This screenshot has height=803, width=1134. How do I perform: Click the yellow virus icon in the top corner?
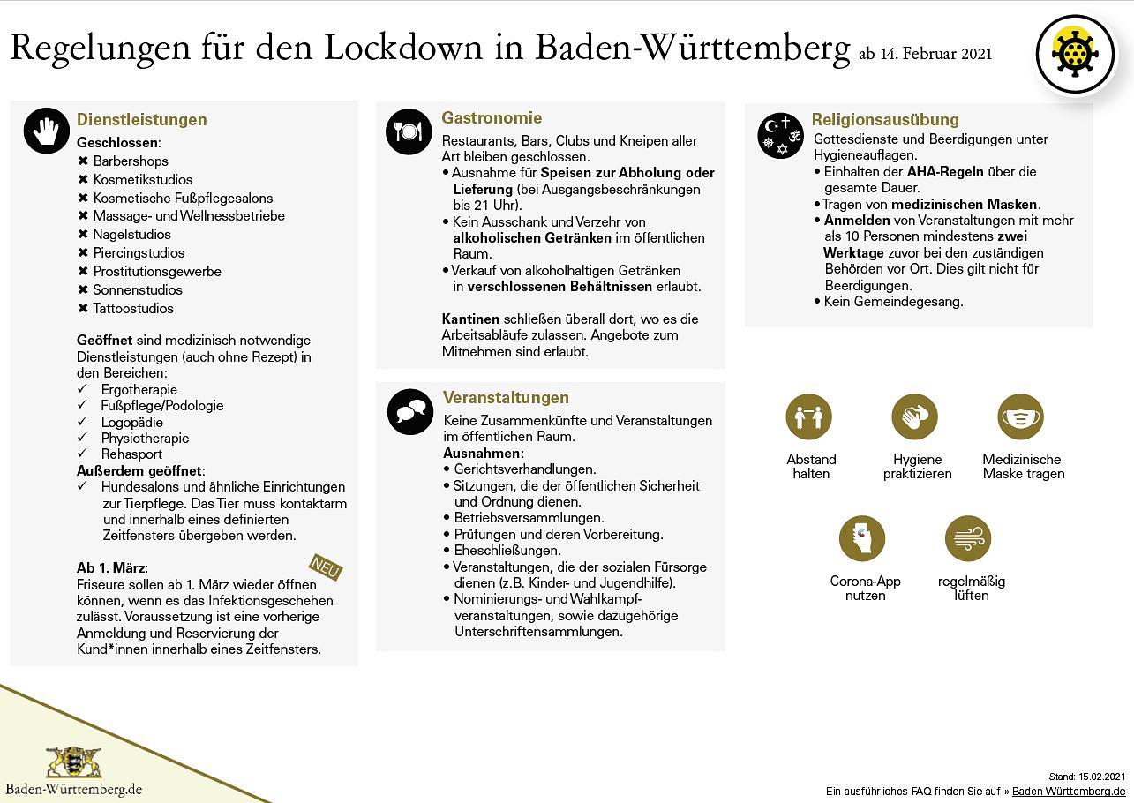1075,55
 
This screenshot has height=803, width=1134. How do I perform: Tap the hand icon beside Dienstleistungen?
46,131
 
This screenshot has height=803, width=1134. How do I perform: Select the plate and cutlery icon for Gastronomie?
408,131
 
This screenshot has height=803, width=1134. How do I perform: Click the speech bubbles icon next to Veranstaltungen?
409,411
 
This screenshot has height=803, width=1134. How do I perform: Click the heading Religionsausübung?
885,120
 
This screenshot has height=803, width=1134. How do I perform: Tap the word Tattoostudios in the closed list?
133,309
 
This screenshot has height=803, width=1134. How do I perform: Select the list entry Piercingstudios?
139,253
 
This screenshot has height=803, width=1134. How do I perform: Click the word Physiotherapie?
145,439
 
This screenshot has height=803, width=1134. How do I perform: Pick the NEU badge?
326,568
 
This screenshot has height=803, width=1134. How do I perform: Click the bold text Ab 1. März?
112,567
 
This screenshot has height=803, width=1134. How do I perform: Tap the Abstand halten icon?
808,417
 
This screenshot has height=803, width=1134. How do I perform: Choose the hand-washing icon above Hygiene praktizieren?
914,417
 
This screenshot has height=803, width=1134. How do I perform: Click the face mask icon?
1021,417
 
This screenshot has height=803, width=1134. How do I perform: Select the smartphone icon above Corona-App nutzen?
861,538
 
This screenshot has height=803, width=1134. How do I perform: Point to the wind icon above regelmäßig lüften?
968,538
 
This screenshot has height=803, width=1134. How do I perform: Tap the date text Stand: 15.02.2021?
1087,777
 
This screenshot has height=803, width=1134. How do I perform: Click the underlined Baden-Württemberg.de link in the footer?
1069,792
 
